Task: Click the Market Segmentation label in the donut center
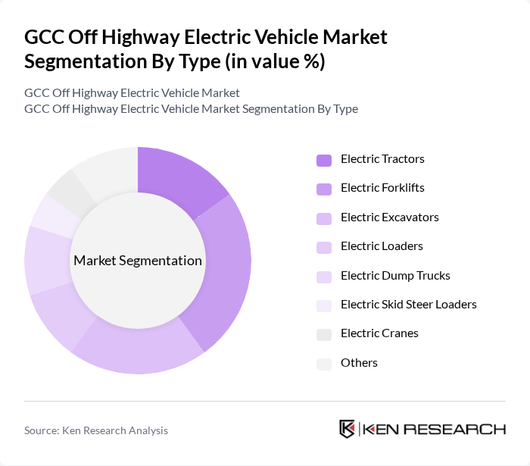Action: pyautogui.click(x=138, y=261)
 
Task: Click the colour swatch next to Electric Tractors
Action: pyautogui.click(x=324, y=160)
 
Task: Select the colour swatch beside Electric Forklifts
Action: pyautogui.click(x=324, y=189)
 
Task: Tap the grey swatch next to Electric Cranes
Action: pyautogui.click(x=324, y=334)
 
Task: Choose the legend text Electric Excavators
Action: pyautogui.click(x=389, y=217)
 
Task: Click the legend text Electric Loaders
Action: pyautogui.click(x=382, y=246)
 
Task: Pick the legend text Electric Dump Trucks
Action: pyautogui.click(x=395, y=276)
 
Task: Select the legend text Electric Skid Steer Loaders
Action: pyautogui.click(x=408, y=305)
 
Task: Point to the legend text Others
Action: pyautogui.click(x=359, y=363)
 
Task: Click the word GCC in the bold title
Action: pyautogui.click(x=45, y=37)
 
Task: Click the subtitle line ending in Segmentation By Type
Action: pyautogui.click(x=191, y=109)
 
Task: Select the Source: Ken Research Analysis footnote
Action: pyautogui.click(x=96, y=430)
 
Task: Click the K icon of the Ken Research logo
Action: pyautogui.click(x=347, y=429)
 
